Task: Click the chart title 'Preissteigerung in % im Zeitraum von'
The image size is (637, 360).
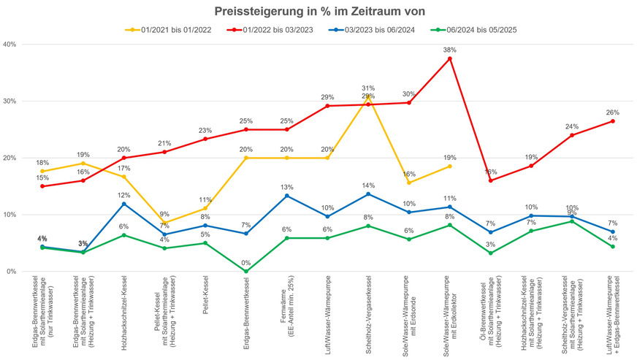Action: pos(318,12)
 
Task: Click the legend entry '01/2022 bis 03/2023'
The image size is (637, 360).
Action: pos(274,30)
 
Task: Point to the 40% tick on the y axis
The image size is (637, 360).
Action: pos(10,44)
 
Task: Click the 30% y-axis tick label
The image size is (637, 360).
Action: pos(10,101)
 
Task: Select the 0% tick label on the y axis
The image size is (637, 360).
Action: pos(12,272)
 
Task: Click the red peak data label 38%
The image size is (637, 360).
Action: pos(449,50)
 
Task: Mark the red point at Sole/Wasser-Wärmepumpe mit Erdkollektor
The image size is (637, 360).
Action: pos(449,58)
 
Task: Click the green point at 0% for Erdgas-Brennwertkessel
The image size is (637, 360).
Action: pos(245,272)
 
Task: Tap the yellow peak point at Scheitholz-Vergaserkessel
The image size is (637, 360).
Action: pos(368,96)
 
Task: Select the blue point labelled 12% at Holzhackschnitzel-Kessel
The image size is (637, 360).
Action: pos(123,204)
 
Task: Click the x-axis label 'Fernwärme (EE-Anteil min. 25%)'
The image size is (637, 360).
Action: pos(286,296)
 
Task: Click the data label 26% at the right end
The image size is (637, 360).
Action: pos(612,112)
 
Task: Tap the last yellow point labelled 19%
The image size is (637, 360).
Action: pos(449,166)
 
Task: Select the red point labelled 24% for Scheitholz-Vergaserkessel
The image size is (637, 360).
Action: pos(571,135)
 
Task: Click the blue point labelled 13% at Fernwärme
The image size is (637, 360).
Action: pos(286,196)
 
